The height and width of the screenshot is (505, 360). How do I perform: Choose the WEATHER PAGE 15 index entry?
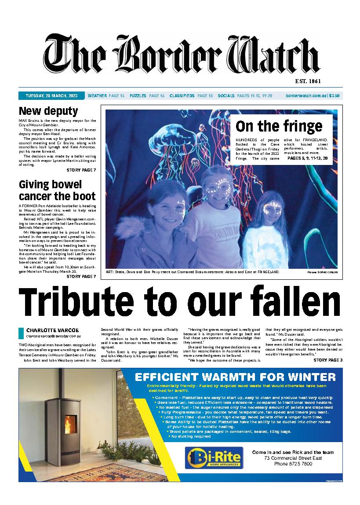(x=106, y=95)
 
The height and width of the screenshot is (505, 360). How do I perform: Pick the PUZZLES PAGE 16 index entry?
(x=147, y=95)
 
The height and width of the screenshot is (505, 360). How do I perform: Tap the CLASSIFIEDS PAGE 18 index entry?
(x=191, y=95)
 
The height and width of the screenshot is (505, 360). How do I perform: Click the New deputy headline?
(x=48, y=111)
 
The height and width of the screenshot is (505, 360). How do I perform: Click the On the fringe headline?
(x=279, y=126)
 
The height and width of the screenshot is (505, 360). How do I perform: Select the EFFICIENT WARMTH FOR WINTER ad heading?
(x=235, y=377)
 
